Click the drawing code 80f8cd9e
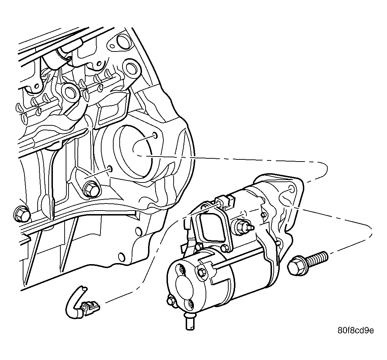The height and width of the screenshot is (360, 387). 355,331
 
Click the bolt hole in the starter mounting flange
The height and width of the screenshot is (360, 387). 291,190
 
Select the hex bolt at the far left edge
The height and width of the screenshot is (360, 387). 21,213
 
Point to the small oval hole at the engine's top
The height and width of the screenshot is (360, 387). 113,45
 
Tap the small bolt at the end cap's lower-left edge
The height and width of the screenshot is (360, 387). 171,301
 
